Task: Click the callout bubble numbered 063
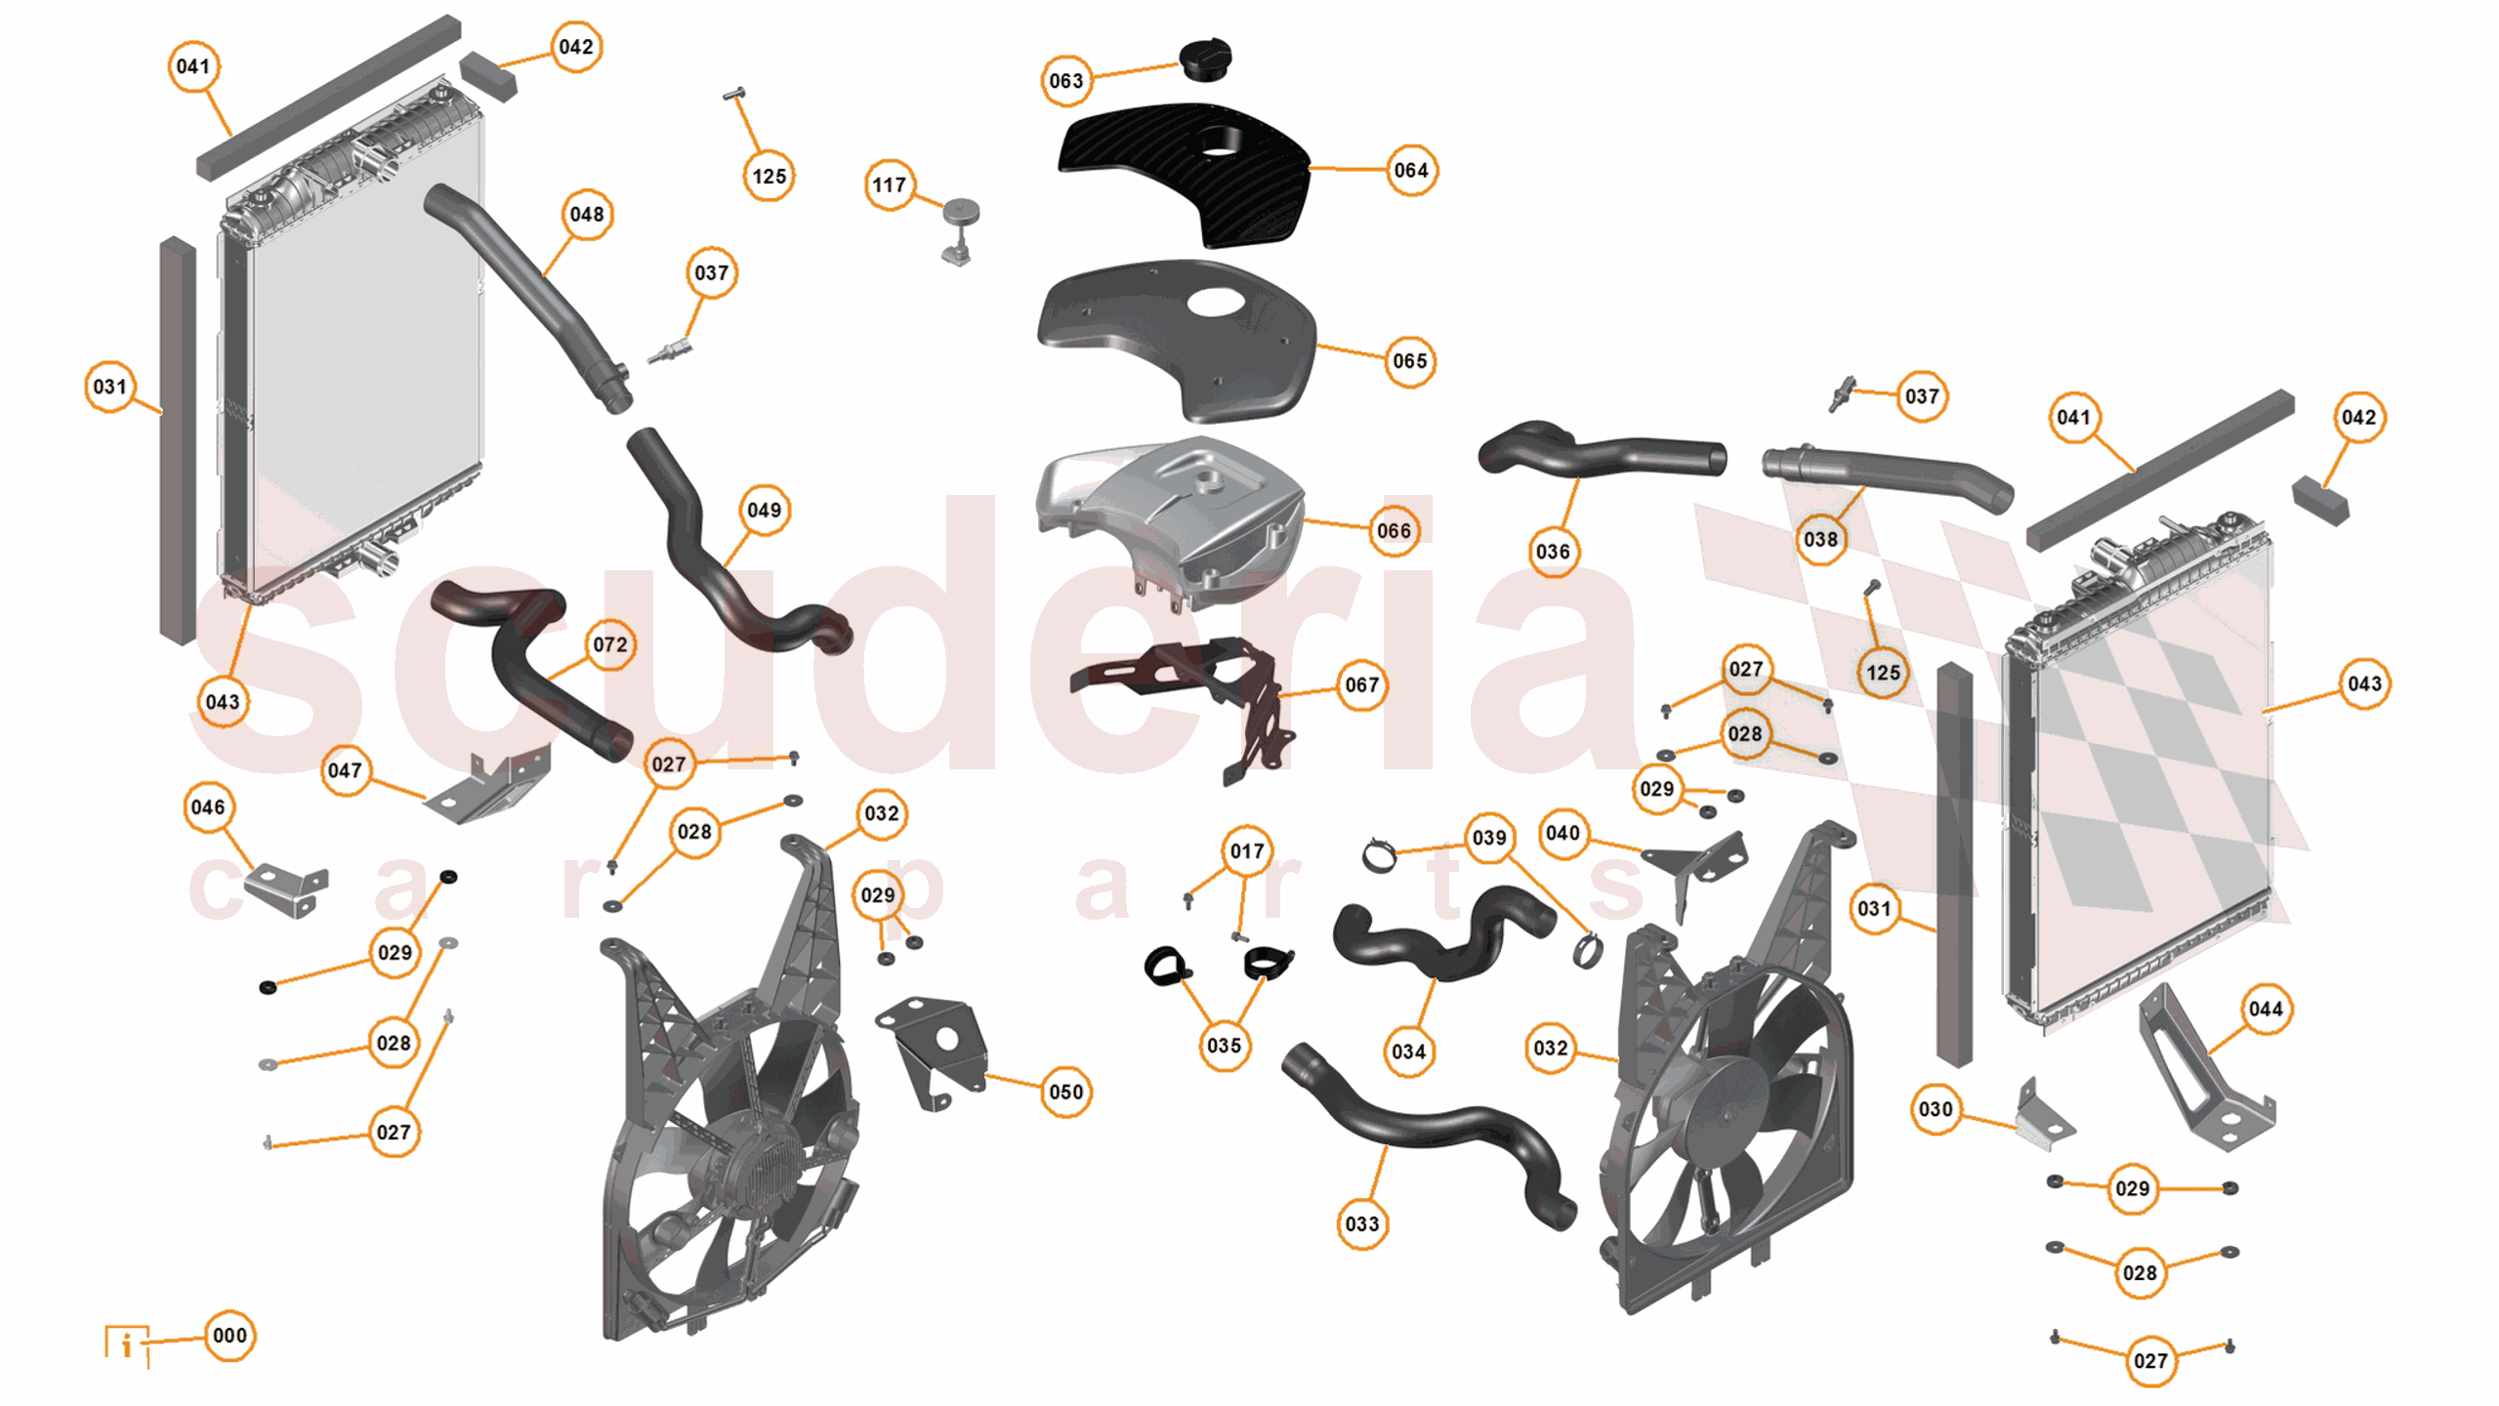pos(1065,80)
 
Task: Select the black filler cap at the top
pos(1205,60)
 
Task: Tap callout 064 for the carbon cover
pos(1410,170)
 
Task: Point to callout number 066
pos(1394,530)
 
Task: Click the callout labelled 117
pos(889,185)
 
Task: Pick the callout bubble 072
pos(610,644)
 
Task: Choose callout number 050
pos(1065,1092)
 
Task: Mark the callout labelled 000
pos(229,1335)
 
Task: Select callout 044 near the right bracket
pos(2265,1009)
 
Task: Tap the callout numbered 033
pos(1361,1223)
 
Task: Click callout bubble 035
pos(1224,1045)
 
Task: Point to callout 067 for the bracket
pos(1361,684)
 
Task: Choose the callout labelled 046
pos(208,807)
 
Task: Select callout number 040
pos(1562,833)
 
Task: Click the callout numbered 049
pos(764,510)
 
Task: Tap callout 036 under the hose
pos(1553,552)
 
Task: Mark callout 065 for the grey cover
pos(1409,361)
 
